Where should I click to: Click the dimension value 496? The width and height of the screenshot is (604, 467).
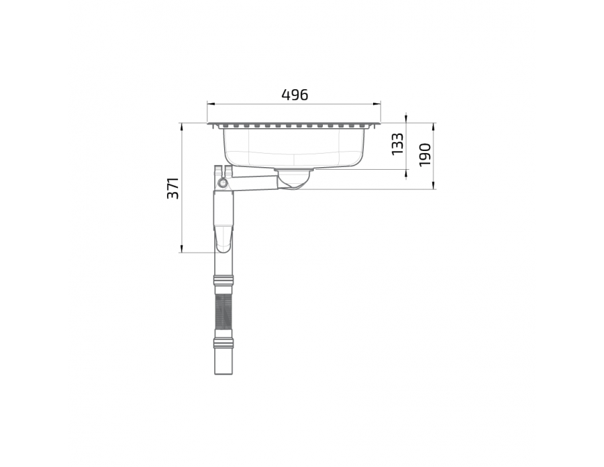click(x=295, y=95)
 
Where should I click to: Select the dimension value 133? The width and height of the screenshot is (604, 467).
click(x=397, y=144)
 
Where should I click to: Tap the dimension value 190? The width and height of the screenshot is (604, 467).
click(x=425, y=155)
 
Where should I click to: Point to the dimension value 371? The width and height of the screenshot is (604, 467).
click(x=173, y=189)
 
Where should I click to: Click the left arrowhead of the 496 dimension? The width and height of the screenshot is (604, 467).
click(x=210, y=103)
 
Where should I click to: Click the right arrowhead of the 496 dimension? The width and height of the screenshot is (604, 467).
click(x=377, y=103)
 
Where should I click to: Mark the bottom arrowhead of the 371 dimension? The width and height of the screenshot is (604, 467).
click(x=181, y=249)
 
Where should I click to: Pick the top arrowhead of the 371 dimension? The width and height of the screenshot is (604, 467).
click(x=181, y=127)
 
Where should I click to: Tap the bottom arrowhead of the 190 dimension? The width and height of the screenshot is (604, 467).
click(x=434, y=186)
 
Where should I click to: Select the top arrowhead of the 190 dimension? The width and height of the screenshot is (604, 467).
click(x=434, y=127)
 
